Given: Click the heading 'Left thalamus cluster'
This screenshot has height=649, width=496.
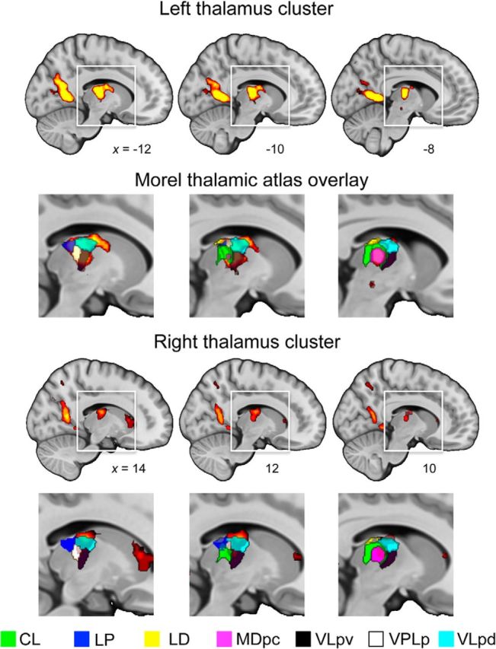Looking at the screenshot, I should point(248,11).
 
